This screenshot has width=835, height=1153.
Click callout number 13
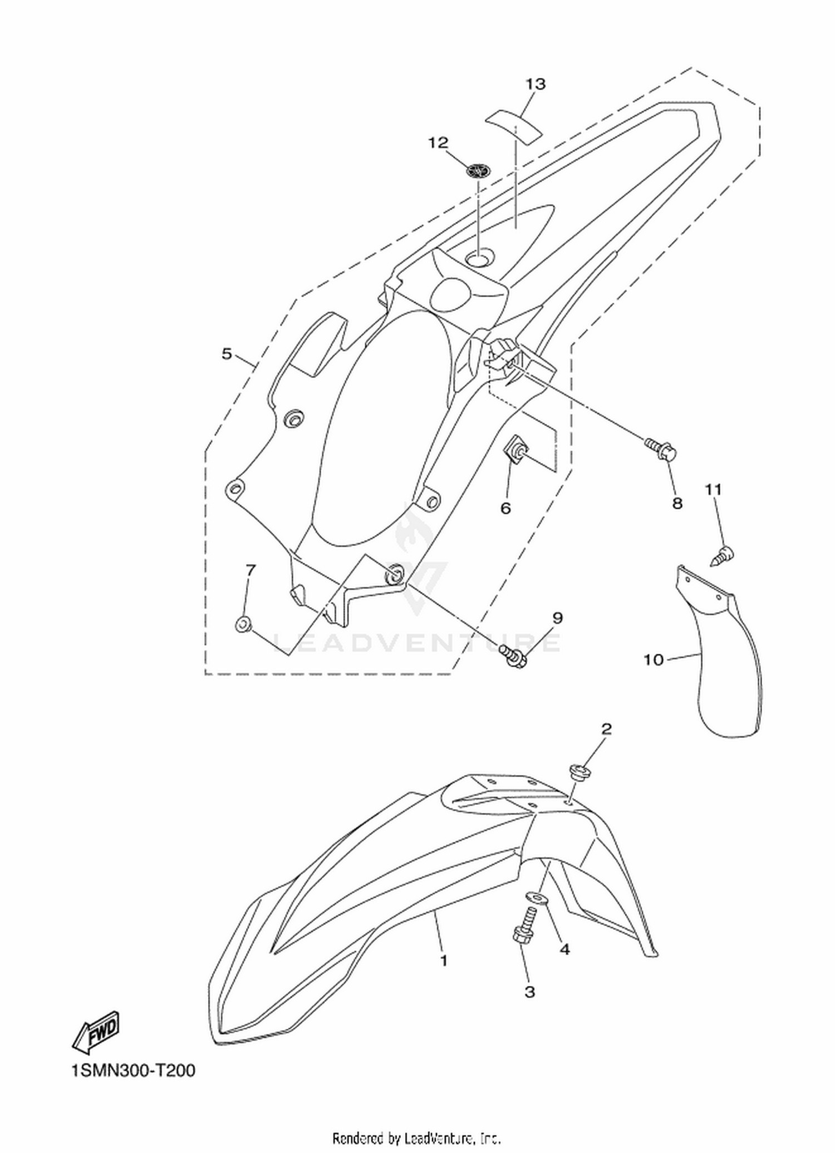[x=536, y=84]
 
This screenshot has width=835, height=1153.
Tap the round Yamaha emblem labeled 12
[x=477, y=170]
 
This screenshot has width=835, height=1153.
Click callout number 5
[x=227, y=353]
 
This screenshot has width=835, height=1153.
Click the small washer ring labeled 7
[x=242, y=625]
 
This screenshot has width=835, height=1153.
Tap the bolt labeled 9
[x=513, y=655]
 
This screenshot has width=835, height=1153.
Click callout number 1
[x=444, y=960]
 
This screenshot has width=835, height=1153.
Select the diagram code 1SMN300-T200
[x=134, y=1071]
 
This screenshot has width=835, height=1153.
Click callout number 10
[x=654, y=660]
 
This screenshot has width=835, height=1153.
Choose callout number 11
[x=713, y=490]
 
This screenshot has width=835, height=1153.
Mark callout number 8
[x=677, y=503]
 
